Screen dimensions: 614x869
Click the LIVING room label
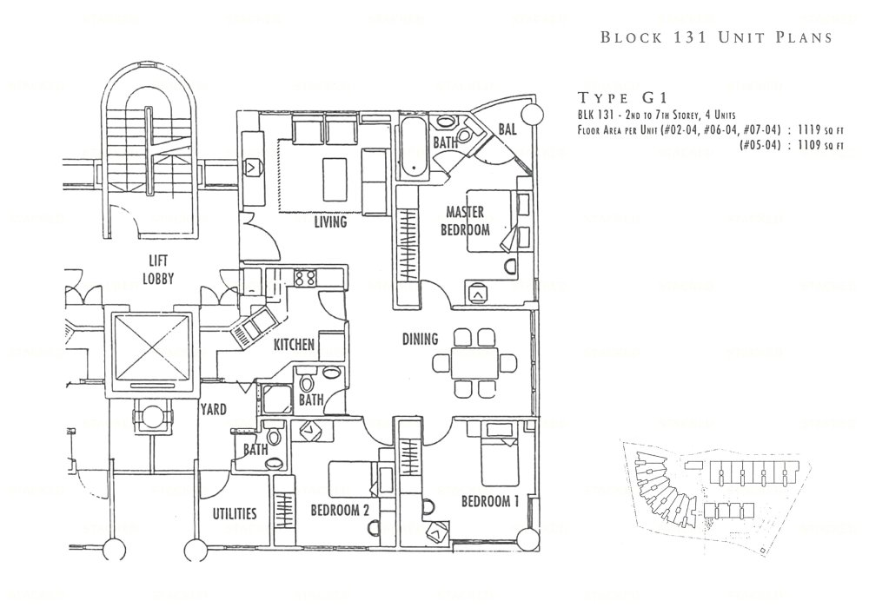coord(330,222)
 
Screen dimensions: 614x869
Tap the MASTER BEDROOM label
coord(468,221)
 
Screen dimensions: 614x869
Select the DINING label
coord(420,340)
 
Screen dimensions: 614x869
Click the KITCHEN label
coord(294,345)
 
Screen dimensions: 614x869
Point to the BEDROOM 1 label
coord(490,501)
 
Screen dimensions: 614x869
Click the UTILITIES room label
coord(235,513)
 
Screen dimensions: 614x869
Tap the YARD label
coord(215,409)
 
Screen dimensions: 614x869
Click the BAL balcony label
coord(508,130)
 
